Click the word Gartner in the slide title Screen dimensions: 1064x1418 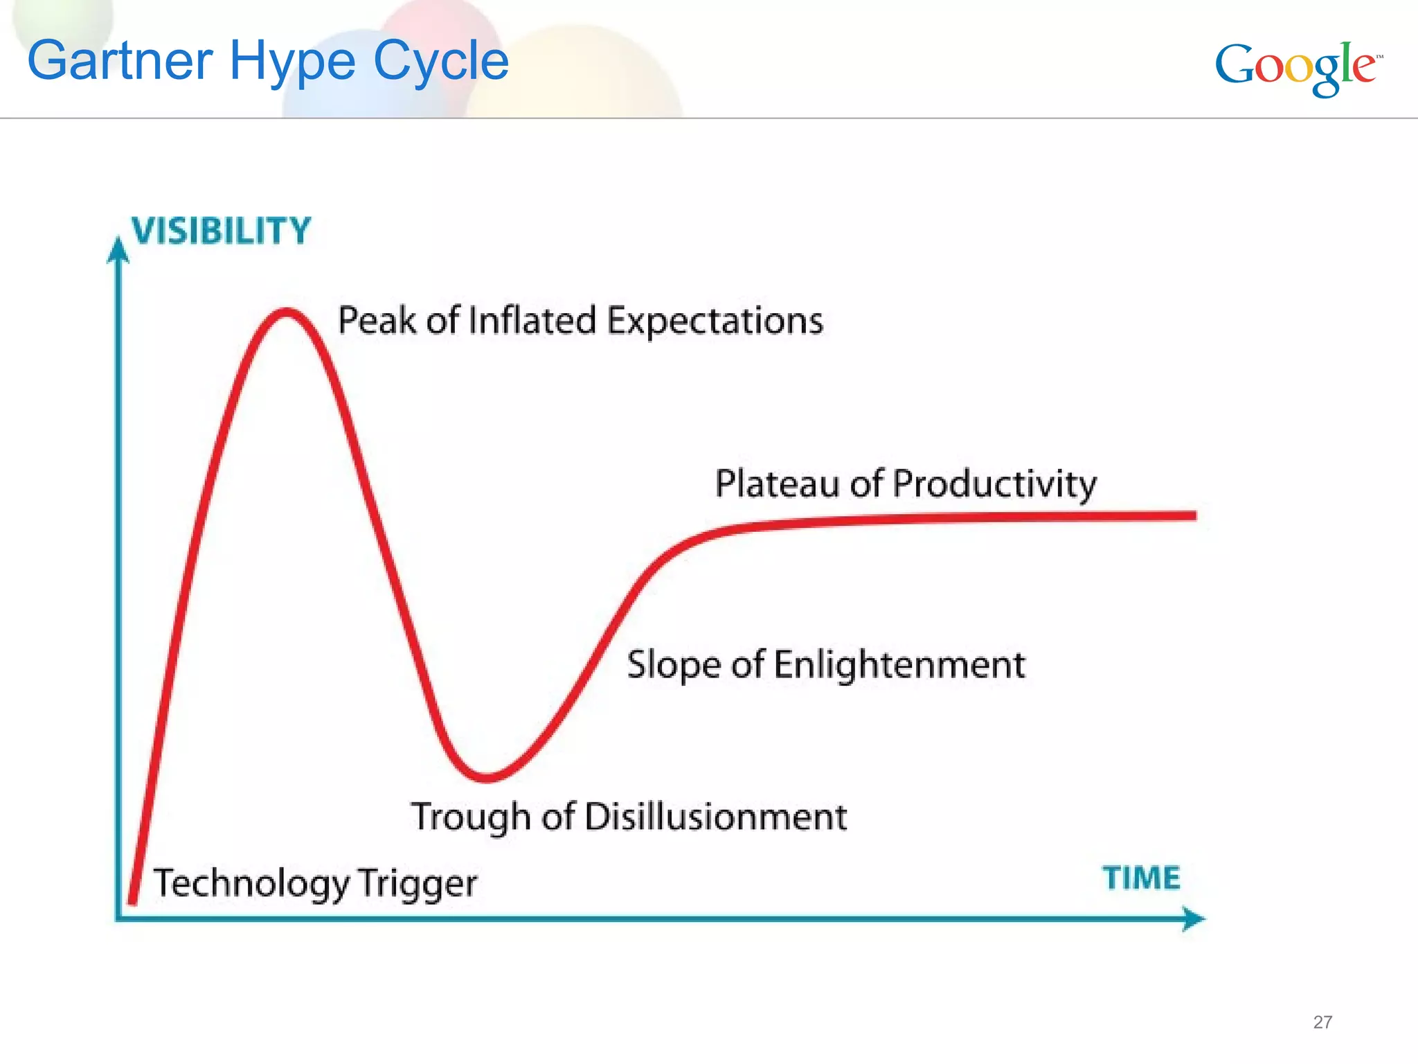(x=119, y=61)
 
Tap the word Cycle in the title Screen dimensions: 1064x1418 (x=441, y=61)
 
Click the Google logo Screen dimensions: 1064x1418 (x=1298, y=67)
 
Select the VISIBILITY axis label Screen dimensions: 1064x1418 (x=222, y=231)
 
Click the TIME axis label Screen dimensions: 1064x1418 (x=1141, y=878)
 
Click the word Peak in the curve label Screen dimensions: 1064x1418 (x=377, y=321)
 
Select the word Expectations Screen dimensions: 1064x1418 (x=715, y=321)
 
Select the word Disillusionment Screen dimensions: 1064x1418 (x=715, y=817)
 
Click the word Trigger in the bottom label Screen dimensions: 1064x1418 (x=418, y=884)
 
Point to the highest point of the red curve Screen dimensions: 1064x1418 (x=286, y=312)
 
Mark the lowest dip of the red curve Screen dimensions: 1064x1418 (x=487, y=778)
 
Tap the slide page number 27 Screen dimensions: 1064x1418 (x=1322, y=1022)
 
